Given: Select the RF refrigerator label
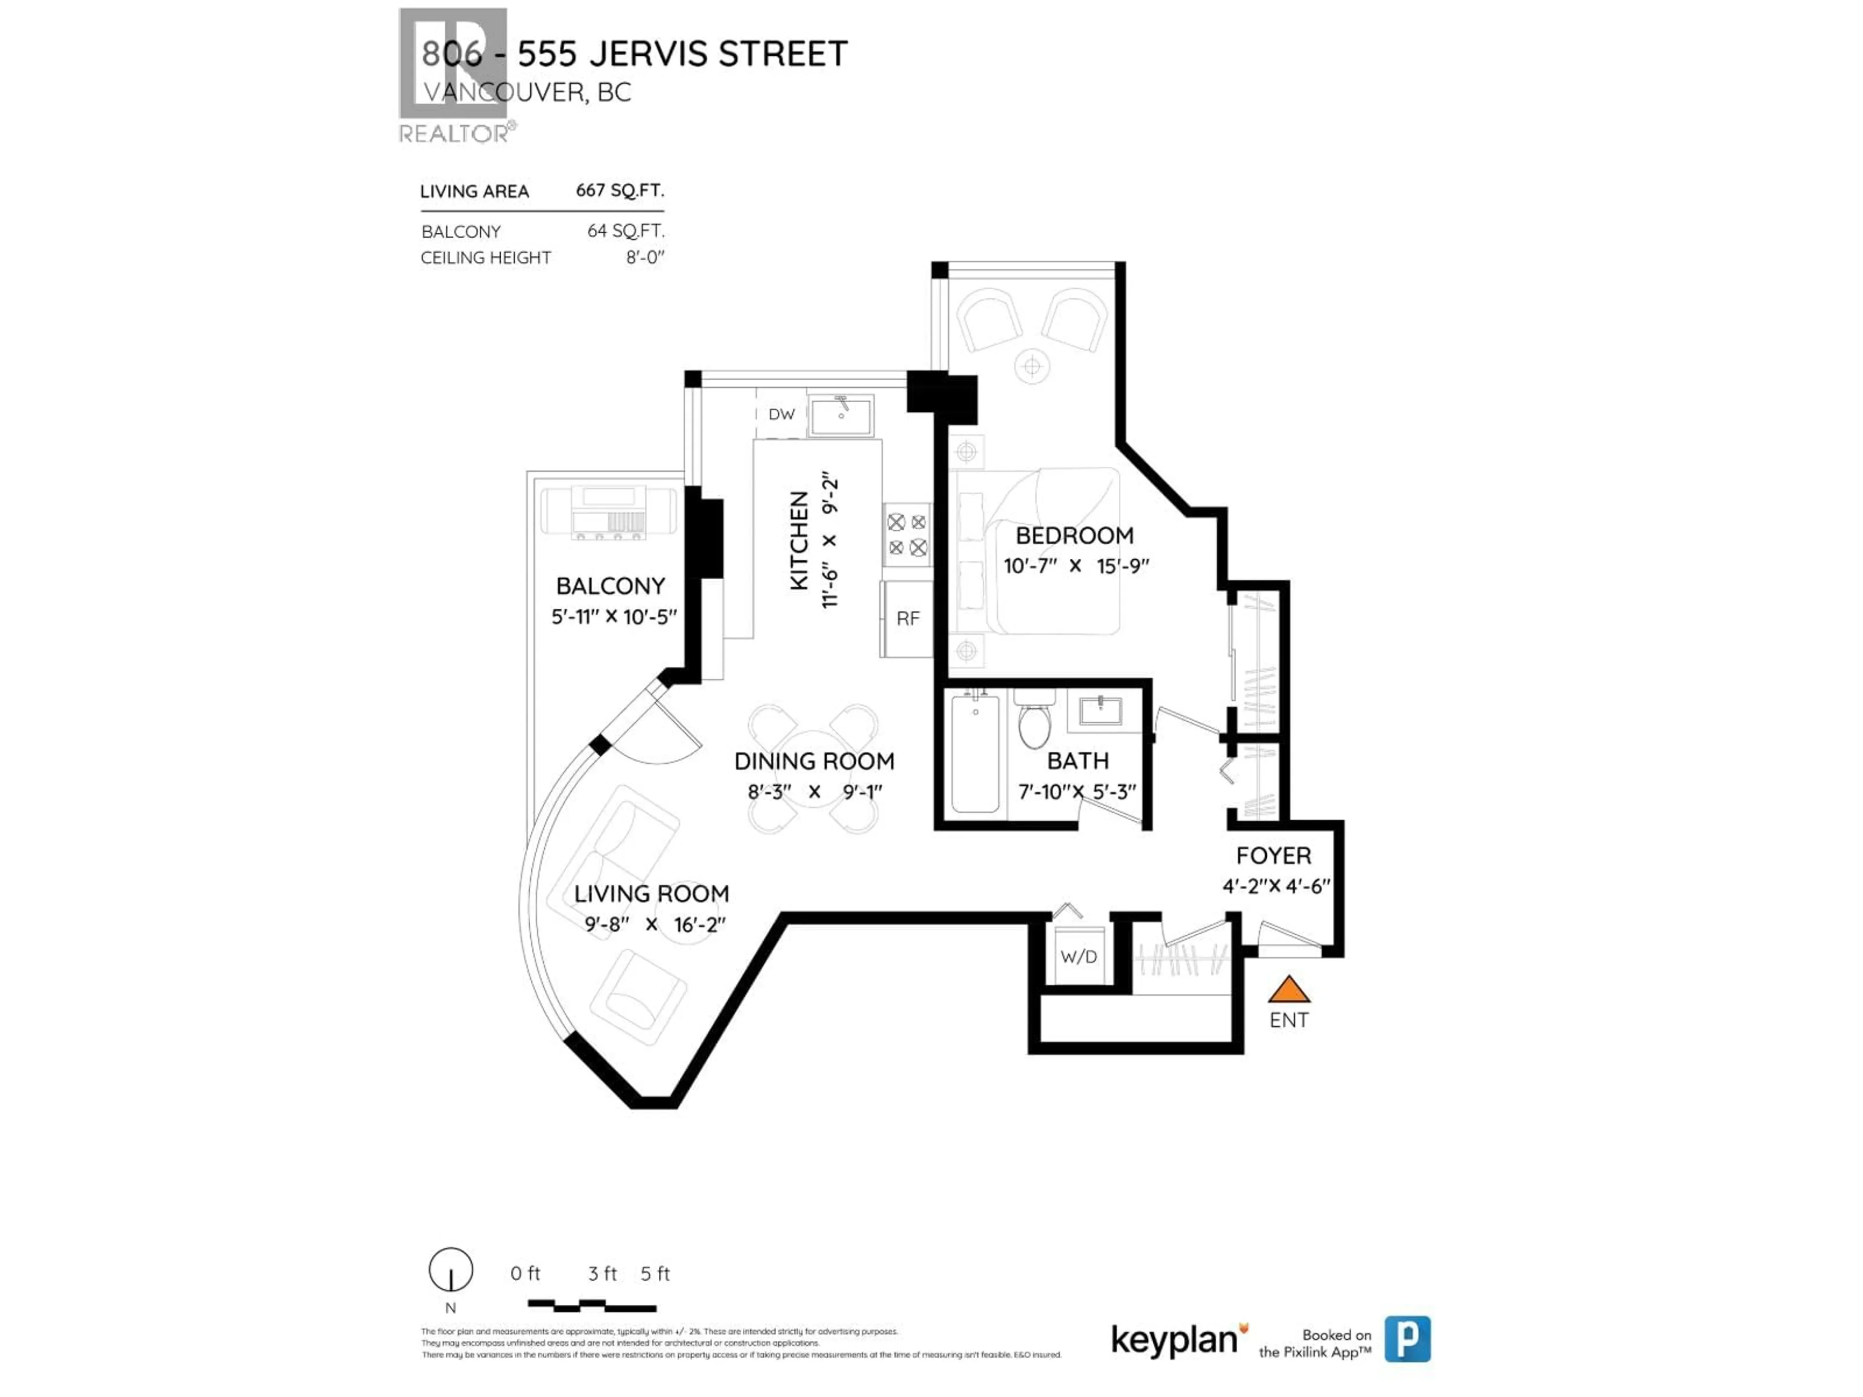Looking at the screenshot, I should coord(907,619).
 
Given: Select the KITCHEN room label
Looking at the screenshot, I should coord(799,541).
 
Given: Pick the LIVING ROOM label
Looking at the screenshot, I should coord(651,893).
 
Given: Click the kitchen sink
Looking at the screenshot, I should coord(841,415).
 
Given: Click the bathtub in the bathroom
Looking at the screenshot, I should coord(975,754).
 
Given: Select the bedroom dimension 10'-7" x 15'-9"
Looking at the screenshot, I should coord(1076,566).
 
